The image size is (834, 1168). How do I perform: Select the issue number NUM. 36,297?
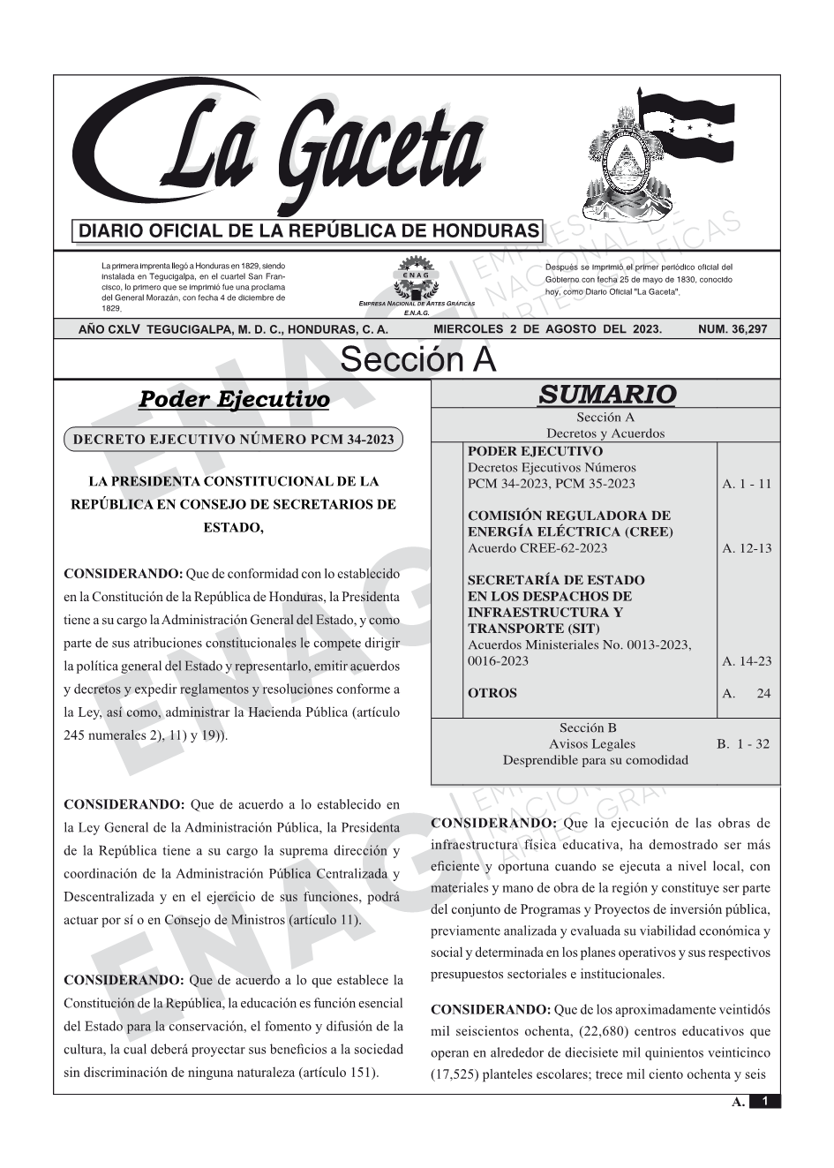pyautogui.click(x=732, y=329)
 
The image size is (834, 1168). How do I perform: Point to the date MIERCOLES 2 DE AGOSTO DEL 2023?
pyautogui.click(x=547, y=329)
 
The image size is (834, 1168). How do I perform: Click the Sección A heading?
pyautogui.click(x=417, y=360)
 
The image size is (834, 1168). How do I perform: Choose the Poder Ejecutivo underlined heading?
pyautogui.click(x=234, y=400)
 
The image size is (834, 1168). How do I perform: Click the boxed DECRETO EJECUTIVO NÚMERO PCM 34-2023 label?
pyautogui.click(x=233, y=439)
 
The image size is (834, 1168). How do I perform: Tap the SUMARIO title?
pyautogui.click(x=606, y=395)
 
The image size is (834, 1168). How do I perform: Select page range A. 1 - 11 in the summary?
pyautogui.click(x=746, y=484)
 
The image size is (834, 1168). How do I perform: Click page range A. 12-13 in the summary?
pyautogui.click(x=746, y=548)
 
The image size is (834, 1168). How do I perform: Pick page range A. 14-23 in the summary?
pyautogui.click(x=746, y=661)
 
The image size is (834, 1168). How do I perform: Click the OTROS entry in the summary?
pyautogui.click(x=492, y=693)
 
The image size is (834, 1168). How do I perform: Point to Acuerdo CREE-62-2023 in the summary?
pyautogui.click(x=537, y=548)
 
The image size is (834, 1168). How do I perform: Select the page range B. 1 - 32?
pyautogui.click(x=743, y=744)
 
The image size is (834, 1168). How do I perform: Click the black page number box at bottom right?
pyautogui.click(x=764, y=1101)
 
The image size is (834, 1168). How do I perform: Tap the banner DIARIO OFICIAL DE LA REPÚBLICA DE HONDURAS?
pyautogui.click(x=309, y=231)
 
